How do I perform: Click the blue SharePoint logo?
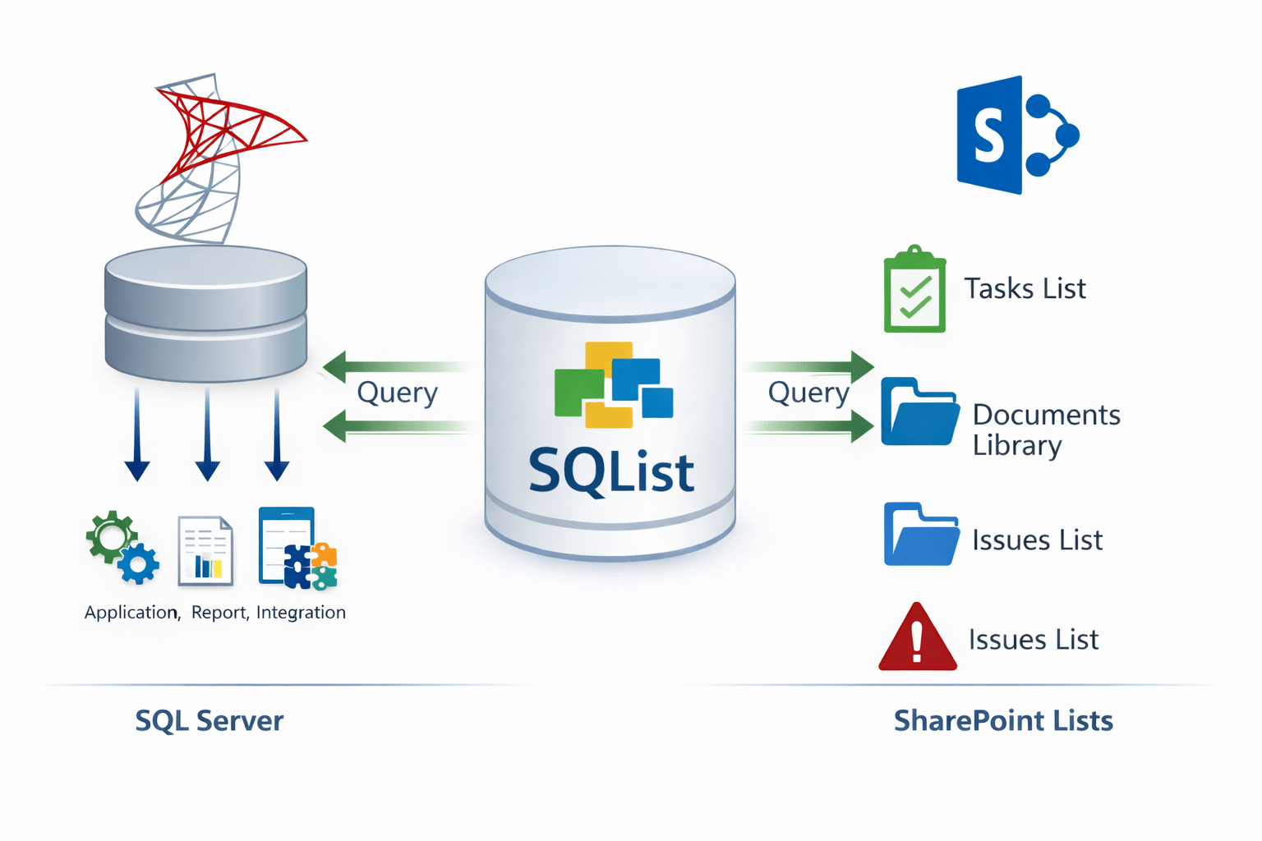click(x=1016, y=136)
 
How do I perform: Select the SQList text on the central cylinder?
click(x=611, y=471)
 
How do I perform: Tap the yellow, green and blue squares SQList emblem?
click(x=613, y=384)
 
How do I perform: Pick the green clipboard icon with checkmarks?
click(x=914, y=290)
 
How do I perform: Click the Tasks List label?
click(x=1025, y=288)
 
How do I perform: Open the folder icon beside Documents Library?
click(x=919, y=412)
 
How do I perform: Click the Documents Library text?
click(x=1045, y=430)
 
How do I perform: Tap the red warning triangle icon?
click(x=918, y=639)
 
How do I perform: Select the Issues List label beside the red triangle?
click(x=1033, y=639)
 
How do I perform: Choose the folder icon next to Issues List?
click(x=921, y=535)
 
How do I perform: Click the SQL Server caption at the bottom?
click(x=209, y=720)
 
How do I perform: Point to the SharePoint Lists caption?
click(x=1002, y=720)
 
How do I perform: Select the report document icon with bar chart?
click(x=205, y=551)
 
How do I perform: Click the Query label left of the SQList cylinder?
click(x=397, y=393)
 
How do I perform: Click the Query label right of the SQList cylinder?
click(x=808, y=393)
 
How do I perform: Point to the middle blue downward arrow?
click(x=207, y=435)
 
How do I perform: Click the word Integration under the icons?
click(x=301, y=612)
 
